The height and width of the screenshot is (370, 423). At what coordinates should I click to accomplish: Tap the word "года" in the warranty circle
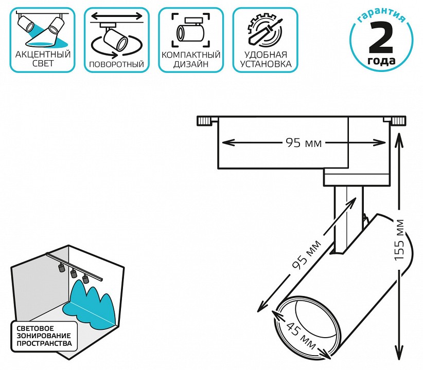tap(382, 61)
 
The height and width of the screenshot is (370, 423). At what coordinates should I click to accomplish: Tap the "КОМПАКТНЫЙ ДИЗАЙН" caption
tap(191, 60)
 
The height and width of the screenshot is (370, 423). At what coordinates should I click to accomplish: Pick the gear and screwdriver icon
tap(265, 30)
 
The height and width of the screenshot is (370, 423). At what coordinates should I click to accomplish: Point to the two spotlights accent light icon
tap(41, 29)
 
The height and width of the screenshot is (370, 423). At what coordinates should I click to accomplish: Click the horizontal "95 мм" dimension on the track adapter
tap(303, 143)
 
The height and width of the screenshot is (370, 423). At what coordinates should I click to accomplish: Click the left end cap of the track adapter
tap(204, 121)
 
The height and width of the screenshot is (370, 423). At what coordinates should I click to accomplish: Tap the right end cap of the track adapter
tap(397, 121)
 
